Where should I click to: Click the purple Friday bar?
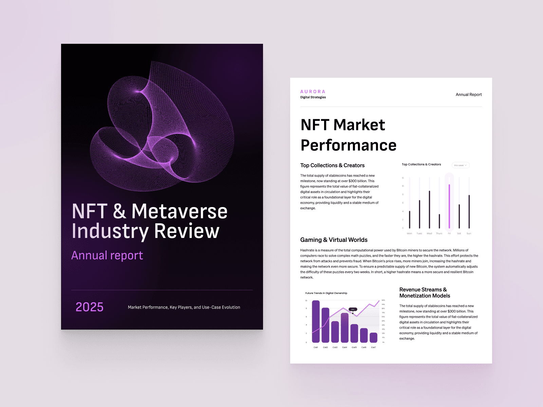(449, 206)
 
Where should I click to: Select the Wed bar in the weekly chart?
(429, 209)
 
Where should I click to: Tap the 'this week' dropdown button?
(460, 165)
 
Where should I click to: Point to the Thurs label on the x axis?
(439, 234)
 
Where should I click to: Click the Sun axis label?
(469, 234)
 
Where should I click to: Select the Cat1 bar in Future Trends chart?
(316, 321)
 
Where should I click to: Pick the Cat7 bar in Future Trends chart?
(373, 337)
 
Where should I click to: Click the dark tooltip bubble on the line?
(353, 309)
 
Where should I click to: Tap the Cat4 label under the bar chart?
(344, 347)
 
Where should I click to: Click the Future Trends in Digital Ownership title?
(326, 293)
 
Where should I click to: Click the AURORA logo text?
(313, 92)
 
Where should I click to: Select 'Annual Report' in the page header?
(468, 95)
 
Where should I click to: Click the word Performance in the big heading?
(349, 145)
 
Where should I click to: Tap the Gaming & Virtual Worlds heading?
(334, 240)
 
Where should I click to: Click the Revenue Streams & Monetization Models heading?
(424, 293)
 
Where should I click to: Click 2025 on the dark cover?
(89, 307)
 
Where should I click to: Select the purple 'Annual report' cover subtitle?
(107, 255)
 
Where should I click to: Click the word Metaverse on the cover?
(179, 211)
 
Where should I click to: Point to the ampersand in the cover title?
(119, 211)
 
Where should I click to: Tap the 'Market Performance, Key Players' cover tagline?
(184, 307)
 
